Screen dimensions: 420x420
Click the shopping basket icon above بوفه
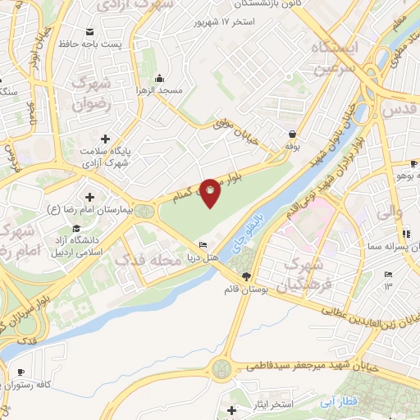coord(292,134)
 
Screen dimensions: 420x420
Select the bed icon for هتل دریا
coord(203,245)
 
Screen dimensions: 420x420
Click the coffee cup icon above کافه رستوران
coord(32,371)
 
